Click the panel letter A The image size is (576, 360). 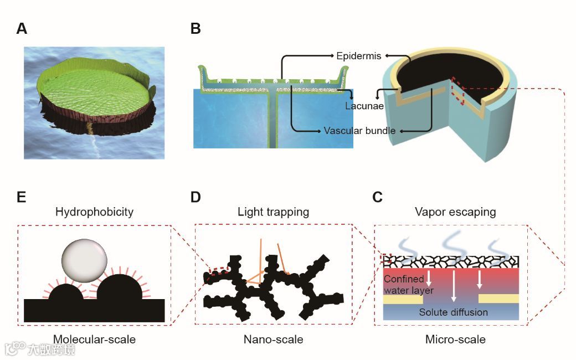coord(22,29)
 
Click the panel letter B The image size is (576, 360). coord(195,29)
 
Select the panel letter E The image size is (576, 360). coord(22,197)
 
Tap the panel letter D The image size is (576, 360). coord(195,197)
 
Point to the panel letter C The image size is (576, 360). coord(377,197)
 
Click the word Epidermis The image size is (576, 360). coord(358,56)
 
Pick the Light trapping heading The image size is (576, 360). coord(272,212)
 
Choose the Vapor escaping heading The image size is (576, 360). coord(455,212)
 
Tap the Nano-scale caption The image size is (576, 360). coord(273,339)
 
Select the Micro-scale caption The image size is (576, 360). coord(455,339)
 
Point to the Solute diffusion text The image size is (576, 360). coord(453,312)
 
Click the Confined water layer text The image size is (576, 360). coord(408,285)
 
